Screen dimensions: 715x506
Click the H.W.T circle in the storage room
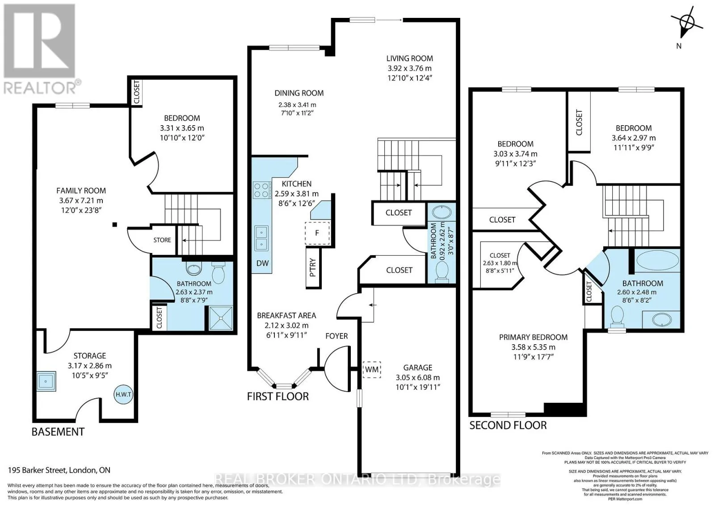click(123, 394)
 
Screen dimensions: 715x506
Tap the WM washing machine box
click(371, 369)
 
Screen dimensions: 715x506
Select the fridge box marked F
click(317, 233)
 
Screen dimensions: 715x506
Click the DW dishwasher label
click(262, 263)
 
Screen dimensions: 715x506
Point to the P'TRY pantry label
click(313, 267)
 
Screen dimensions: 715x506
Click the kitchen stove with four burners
click(262, 190)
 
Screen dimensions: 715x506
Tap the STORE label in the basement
click(162, 240)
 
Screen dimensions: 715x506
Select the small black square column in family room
click(114, 224)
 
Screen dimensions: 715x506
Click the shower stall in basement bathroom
click(221, 318)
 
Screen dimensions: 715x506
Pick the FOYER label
click(336, 336)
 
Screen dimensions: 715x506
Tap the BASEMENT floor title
click(58, 432)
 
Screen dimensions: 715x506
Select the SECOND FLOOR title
click(508, 425)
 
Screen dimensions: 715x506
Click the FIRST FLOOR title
click(278, 396)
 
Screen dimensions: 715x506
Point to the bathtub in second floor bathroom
click(657, 260)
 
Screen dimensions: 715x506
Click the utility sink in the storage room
click(46, 381)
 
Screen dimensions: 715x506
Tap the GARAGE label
click(417, 367)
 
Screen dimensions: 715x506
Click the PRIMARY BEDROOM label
click(533, 337)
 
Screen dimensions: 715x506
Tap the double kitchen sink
click(261, 238)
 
